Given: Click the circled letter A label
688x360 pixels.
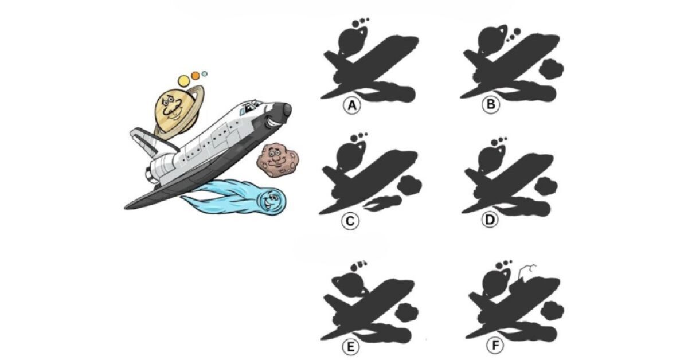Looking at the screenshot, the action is [x=352, y=105].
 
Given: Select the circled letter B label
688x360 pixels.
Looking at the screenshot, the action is [x=491, y=104].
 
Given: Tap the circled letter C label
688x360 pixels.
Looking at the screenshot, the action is [x=350, y=221].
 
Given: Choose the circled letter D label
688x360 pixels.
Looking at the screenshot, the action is [x=490, y=220].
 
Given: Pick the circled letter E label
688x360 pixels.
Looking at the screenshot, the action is [x=351, y=347].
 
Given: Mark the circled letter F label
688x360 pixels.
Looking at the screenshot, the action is [x=495, y=345].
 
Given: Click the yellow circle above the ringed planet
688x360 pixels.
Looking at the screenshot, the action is [x=183, y=80].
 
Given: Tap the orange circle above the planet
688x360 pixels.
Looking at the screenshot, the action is [x=196, y=75].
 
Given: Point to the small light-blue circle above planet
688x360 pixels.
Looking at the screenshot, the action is [x=205, y=74].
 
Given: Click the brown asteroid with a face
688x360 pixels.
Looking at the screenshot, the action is [x=277, y=160].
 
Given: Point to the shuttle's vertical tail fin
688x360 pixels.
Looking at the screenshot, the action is [x=145, y=140].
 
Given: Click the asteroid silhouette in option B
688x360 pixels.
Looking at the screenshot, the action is [x=552, y=69].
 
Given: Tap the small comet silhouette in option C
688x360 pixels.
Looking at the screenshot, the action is [x=383, y=204].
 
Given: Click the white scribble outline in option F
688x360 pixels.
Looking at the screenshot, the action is [x=527, y=271].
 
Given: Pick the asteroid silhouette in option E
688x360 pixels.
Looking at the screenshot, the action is [x=406, y=312].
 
